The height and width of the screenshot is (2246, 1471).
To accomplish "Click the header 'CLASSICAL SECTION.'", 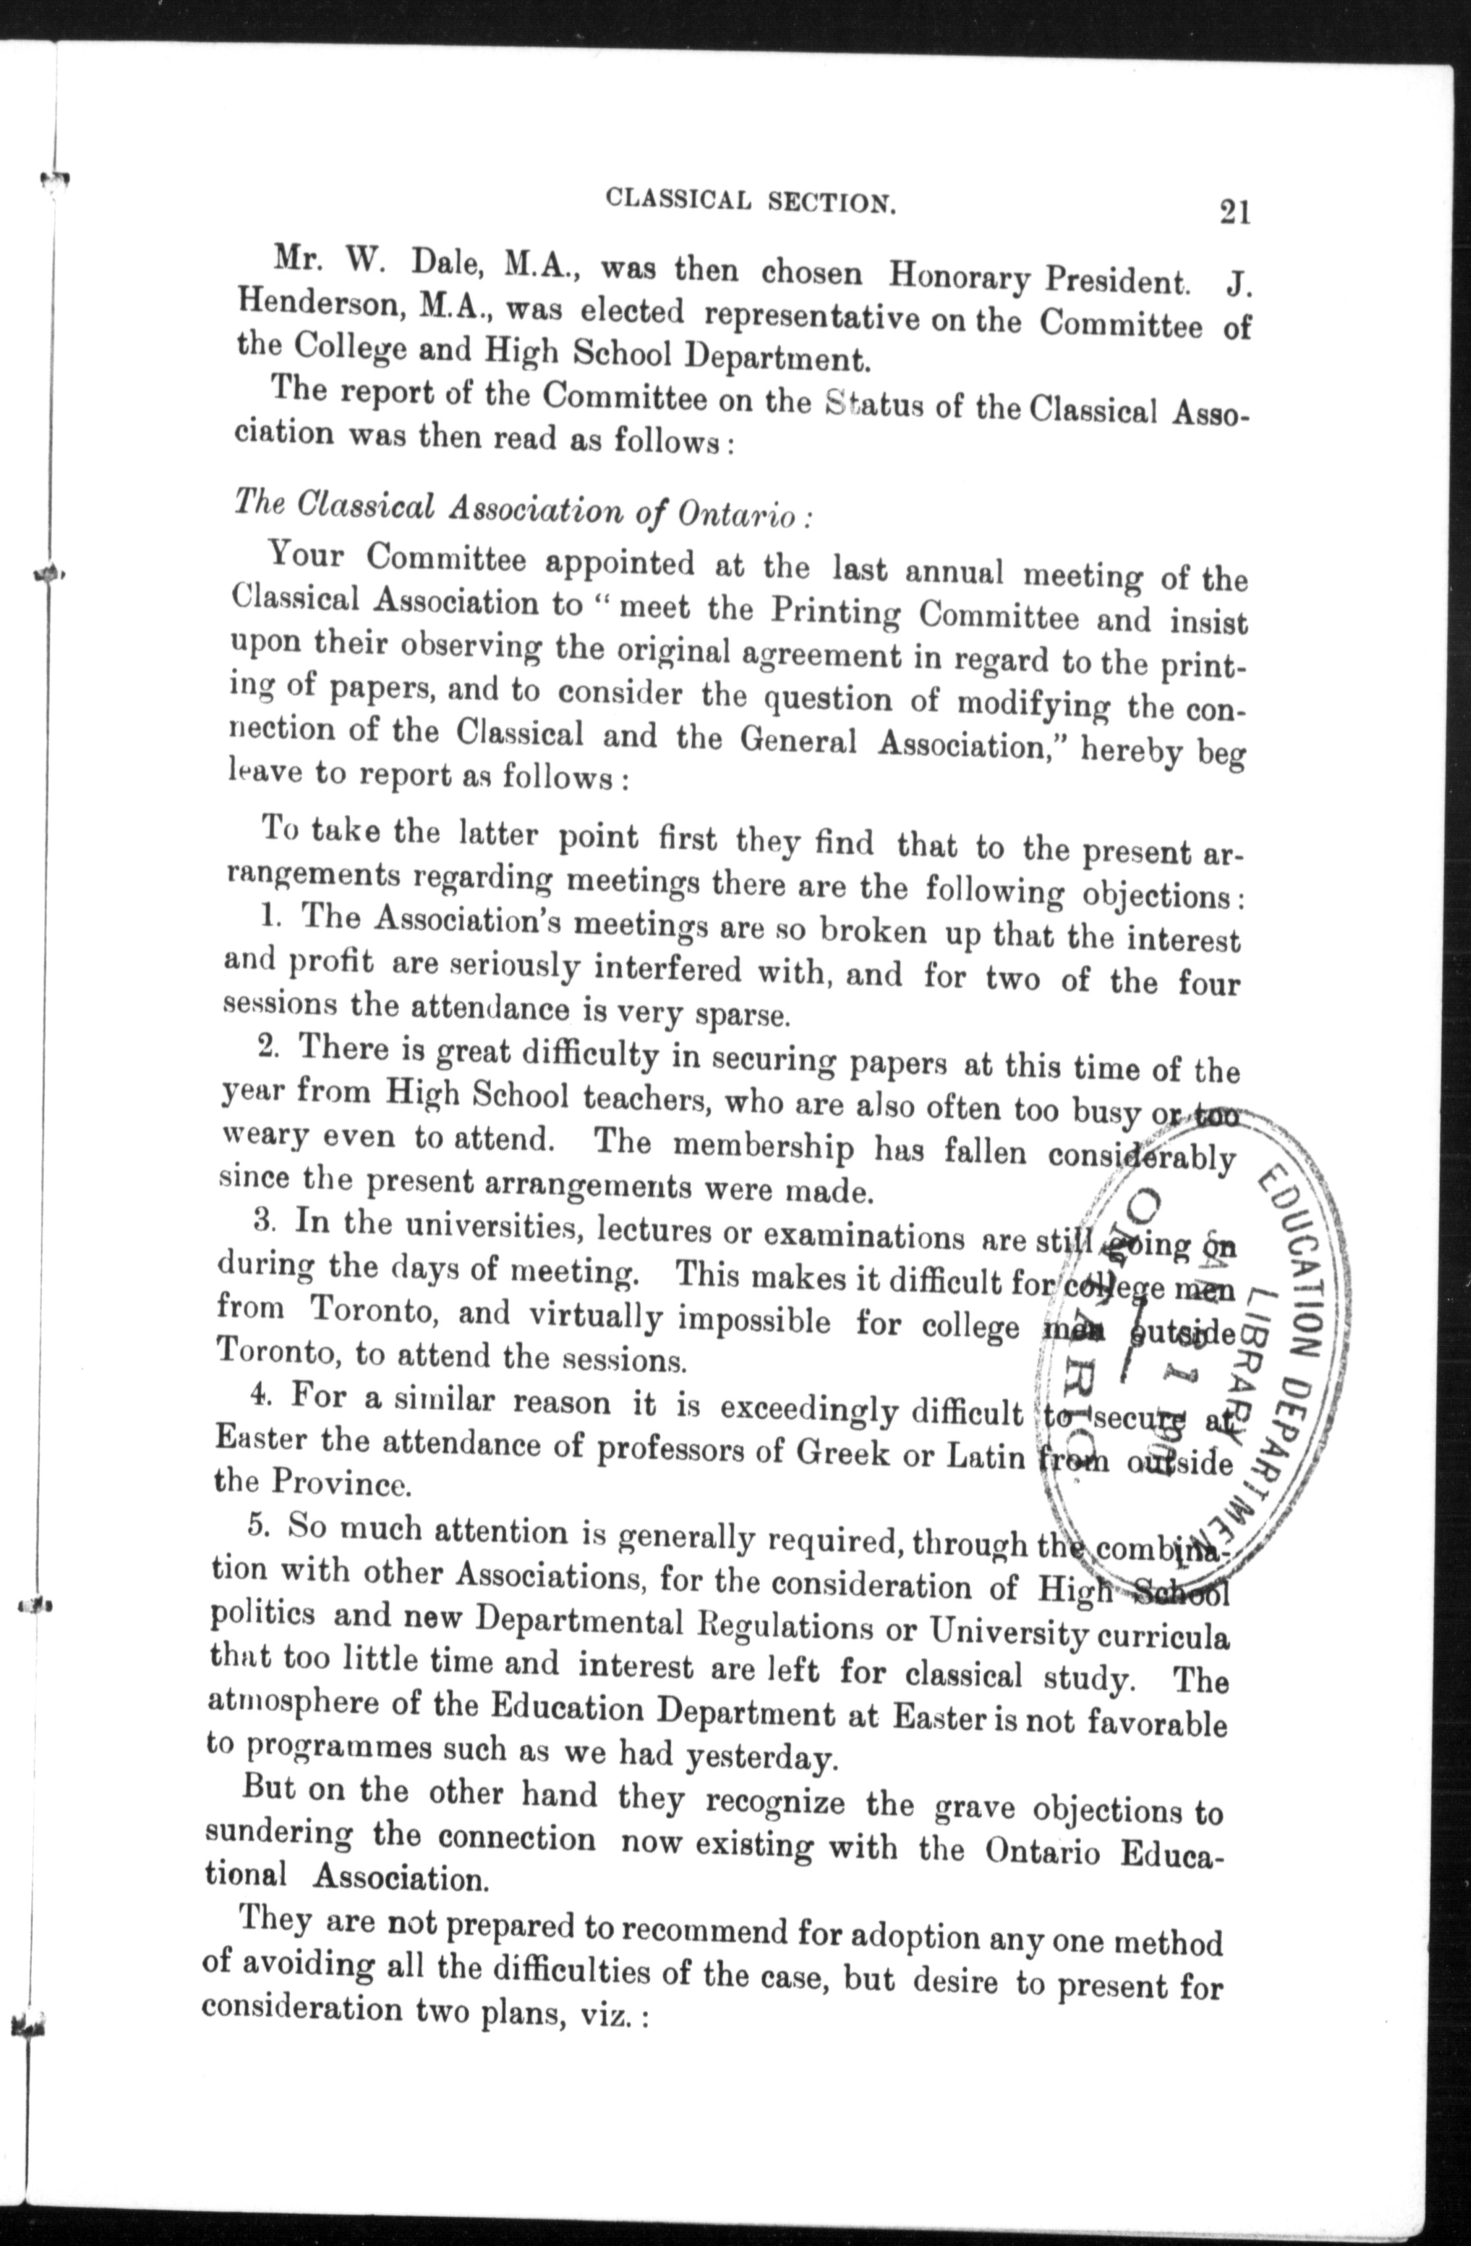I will click(750, 200).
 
